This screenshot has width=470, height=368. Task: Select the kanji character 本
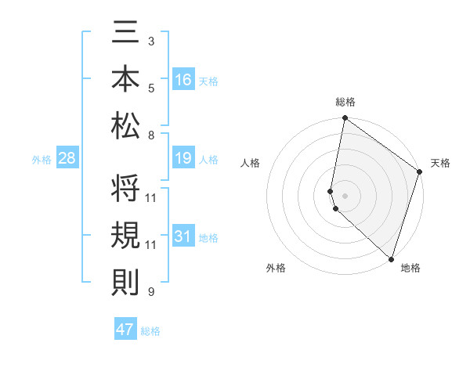pyautogui.click(x=126, y=79)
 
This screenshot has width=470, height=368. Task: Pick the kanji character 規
pyautogui.click(x=126, y=235)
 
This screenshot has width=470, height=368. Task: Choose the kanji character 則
pyautogui.click(x=126, y=281)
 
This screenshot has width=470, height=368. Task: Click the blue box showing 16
pyautogui.click(x=183, y=80)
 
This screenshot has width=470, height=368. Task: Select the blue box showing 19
pyautogui.click(x=183, y=158)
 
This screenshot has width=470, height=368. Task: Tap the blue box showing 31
pyautogui.click(x=183, y=236)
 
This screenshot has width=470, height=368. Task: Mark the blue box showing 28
pyautogui.click(x=67, y=158)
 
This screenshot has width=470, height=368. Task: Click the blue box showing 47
pyautogui.click(x=125, y=330)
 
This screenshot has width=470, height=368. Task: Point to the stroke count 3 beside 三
pyautogui.click(x=151, y=40)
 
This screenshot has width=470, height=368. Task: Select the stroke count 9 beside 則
pyautogui.click(x=151, y=292)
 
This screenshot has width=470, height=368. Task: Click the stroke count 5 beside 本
pyautogui.click(x=151, y=88)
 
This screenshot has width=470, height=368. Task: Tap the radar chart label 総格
pyautogui.click(x=345, y=103)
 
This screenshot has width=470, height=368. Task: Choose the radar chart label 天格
pyautogui.click(x=440, y=163)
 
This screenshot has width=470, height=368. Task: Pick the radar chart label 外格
pyautogui.click(x=276, y=268)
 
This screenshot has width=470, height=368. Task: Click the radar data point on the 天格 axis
pyautogui.click(x=420, y=171)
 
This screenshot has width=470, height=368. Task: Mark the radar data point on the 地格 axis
pyautogui.click(x=391, y=258)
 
